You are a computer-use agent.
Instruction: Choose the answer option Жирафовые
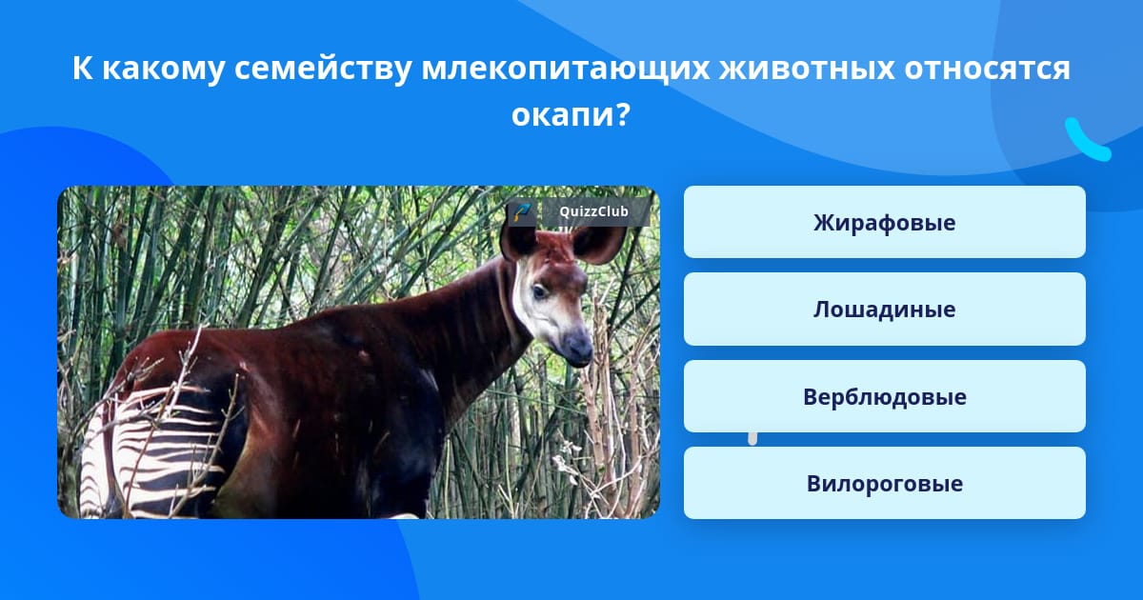(x=884, y=222)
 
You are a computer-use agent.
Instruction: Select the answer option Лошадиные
(x=884, y=310)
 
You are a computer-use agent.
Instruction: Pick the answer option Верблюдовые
(x=884, y=396)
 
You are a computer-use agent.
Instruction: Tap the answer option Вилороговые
(x=884, y=483)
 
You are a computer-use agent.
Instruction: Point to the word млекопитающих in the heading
(x=566, y=69)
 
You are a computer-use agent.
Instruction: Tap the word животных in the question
(x=807, y=68)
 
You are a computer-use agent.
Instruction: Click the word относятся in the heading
(x=988, y=69)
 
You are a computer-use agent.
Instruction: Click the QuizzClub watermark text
(x=594, y=211)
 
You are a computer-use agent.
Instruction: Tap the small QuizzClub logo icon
(x=522, y=211)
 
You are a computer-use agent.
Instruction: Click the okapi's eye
(x=539, y=291)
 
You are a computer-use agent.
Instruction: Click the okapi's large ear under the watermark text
(x=598, y=245)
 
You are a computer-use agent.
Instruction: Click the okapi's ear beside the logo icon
(x=517, y=242)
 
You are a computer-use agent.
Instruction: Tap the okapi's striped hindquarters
(x=153, y=449)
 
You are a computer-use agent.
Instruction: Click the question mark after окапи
(x=624, y=114)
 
